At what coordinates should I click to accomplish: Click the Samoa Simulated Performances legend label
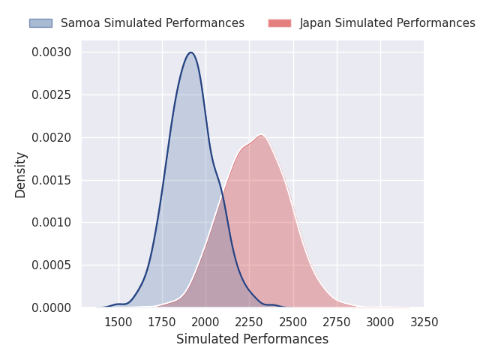(x=152, y=23)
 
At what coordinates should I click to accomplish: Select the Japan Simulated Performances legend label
(x=387, y=23)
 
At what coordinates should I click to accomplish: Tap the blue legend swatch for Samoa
(x=40, y=23)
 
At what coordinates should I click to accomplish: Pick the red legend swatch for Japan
(x=280, y=23)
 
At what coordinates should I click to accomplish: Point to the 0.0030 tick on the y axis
(x=51, y=52)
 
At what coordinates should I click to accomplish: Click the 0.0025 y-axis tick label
(x=51, y=95)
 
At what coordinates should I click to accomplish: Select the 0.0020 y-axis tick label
(x=51, y=138)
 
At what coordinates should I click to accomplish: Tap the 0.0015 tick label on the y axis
(x=51, y=180)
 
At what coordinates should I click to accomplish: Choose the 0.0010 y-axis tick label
(x=51, y=223)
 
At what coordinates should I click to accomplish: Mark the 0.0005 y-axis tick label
(x=51, y=265)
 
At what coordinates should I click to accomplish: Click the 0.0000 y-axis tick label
(x=51, y=307)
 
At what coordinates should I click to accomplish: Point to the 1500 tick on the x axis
(x=118, y=322)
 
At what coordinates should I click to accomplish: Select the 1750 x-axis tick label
(x=162, y=322)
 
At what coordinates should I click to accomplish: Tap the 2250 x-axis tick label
(x=250, y=322)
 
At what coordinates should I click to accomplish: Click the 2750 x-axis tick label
(x=337, y=322)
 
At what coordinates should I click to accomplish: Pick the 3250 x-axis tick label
(x=424, y=322)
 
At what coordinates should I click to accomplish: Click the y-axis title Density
(x=21, y=175)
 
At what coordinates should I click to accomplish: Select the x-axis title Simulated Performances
(x=252, y=340)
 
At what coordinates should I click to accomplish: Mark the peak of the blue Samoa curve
(x=191, y=52)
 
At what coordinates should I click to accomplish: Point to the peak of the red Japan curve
(x=260, y=135)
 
